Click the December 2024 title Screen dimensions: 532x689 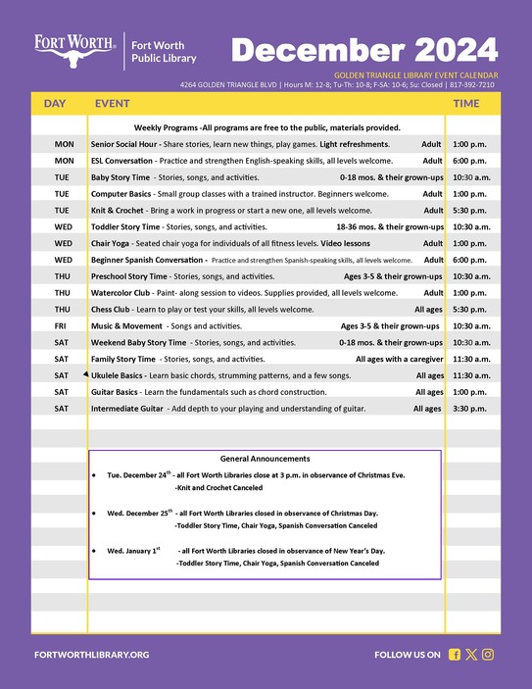(364, 49)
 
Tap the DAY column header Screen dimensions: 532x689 (55, 103)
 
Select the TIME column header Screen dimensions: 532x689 (466, 103)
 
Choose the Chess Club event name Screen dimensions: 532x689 (111, 309)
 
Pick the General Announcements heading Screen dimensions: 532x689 (266, 459)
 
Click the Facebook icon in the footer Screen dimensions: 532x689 (455, 654)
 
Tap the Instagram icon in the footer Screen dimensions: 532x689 (488, 654)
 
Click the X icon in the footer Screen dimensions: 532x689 (471, 654)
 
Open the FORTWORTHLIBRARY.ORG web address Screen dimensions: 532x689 (91, 654)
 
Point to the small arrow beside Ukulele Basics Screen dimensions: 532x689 (86, 374)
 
